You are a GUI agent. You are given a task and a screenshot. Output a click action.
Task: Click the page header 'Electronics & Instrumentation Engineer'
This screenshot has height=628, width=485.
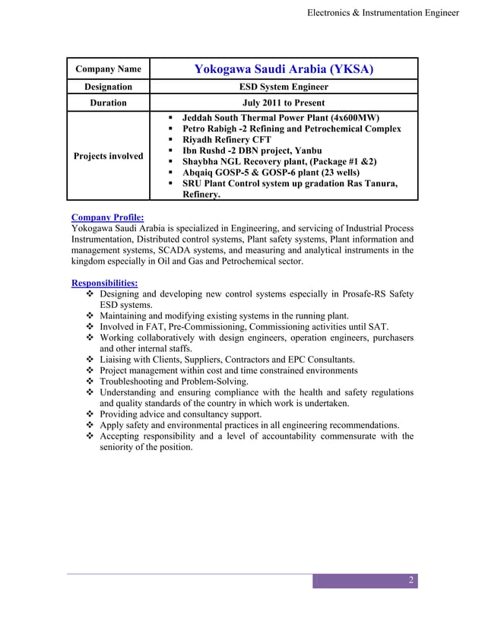tap(383, 13)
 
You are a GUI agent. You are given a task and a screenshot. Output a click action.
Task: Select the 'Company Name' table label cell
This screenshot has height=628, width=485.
tap(108, 70)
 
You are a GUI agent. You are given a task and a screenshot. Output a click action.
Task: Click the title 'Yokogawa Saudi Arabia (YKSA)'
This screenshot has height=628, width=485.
tap(284, 70)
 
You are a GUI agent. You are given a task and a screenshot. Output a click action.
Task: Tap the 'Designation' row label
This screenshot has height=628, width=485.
tap(108, 87)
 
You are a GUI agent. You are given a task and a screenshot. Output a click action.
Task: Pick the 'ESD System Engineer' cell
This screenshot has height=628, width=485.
tap(284, 87)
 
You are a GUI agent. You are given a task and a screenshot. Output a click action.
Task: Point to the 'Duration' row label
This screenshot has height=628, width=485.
tap(108, 103)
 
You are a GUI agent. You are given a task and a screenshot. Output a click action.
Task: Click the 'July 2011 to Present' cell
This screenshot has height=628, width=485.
tap(284, 103)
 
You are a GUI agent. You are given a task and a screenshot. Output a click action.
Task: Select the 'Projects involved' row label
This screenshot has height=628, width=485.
tap(108, 156)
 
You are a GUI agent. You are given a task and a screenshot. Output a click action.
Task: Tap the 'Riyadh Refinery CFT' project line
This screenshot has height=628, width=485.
tap(227, 140)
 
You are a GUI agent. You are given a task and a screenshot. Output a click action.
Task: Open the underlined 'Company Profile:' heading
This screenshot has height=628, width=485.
tap(106, 217)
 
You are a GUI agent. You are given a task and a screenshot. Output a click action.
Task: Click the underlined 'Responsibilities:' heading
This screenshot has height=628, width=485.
tap(104, 283)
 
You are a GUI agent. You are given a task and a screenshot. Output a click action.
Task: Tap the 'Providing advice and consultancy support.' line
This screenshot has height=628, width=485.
tap(181, 414)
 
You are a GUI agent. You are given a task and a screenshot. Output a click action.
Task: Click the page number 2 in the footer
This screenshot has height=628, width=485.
tap(411, 582)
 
